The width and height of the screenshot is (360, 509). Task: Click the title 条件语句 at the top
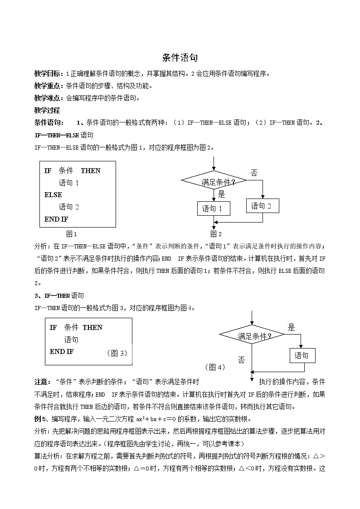[180, 58]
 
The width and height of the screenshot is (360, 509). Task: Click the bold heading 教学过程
[47, 110]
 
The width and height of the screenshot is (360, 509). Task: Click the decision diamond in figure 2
[214, 182]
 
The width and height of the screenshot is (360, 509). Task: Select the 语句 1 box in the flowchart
[214, 208]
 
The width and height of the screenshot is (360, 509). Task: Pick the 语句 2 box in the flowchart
[263, 206]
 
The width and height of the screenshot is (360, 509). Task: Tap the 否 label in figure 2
[254, 173]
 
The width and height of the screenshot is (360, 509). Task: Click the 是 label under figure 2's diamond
[221, 194]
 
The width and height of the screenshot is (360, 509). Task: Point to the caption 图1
[72, 234]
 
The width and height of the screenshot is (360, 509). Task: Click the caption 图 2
[216, 234]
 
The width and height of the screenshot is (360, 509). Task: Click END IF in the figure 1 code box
[56, 219]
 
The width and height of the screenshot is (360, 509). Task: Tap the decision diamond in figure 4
[251, 336]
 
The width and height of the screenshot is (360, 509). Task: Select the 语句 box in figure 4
[302, 355]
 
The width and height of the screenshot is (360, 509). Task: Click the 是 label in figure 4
[291, 327]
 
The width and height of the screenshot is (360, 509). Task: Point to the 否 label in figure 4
[241, 360]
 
